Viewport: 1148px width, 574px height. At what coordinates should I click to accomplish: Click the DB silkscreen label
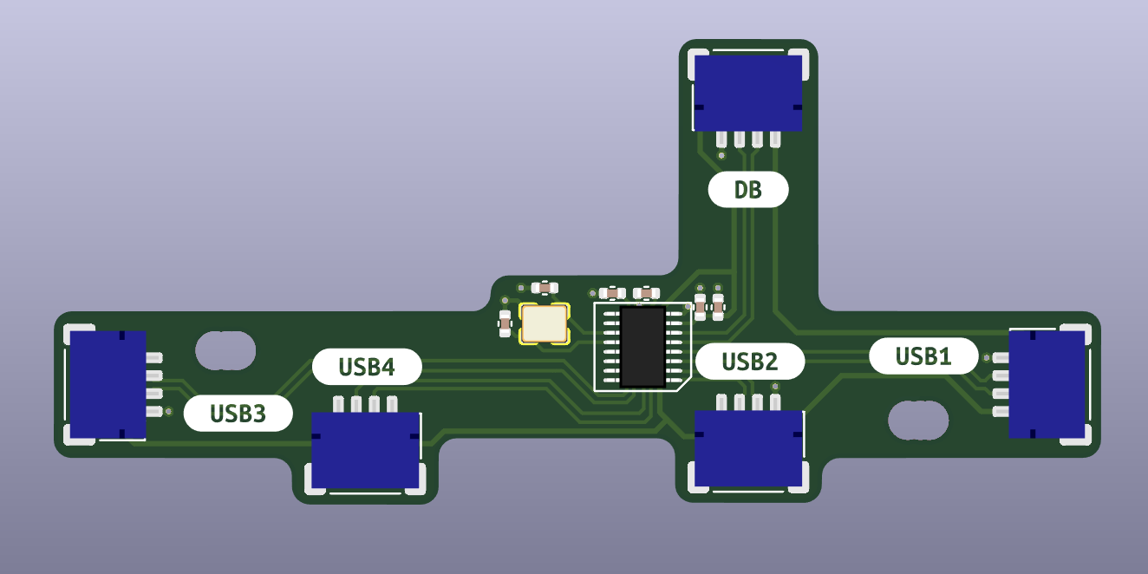click(x=747, y=190)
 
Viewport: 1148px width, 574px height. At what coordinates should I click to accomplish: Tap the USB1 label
click(x=923, y=356)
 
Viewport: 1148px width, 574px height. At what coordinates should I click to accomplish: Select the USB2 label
click(x=750, y=362)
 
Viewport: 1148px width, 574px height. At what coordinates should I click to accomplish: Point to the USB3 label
click(x=238, y=414)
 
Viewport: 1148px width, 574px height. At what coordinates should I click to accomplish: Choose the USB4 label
click(x=367, y=367)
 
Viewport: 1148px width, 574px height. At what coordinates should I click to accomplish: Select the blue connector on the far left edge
click(x=108, y=384)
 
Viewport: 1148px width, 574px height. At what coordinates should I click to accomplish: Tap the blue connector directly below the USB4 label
click(x=366, y=449)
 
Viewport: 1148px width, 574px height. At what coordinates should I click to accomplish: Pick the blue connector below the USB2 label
click(x=749, y=449)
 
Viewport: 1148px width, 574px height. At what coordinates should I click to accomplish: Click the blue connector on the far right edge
click(x=1047, y=384)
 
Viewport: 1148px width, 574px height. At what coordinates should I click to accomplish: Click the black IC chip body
click(x=642, y=346)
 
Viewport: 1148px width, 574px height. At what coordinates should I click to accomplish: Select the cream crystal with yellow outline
click(x=544, y=323)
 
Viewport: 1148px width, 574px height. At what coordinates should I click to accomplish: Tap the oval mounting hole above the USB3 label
click(x=225, y=349)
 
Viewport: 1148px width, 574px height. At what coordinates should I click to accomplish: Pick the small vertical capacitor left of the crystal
click(x=505, y=323)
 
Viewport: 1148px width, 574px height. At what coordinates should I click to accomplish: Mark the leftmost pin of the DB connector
click(x=721, y=139)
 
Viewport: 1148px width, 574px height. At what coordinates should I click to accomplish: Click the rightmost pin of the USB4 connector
click(x=393, y=403)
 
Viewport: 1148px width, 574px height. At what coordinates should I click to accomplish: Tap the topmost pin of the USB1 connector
click(x=1001, y=357)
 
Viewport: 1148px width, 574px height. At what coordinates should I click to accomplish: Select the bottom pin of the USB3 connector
click(x=154, y=412)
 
